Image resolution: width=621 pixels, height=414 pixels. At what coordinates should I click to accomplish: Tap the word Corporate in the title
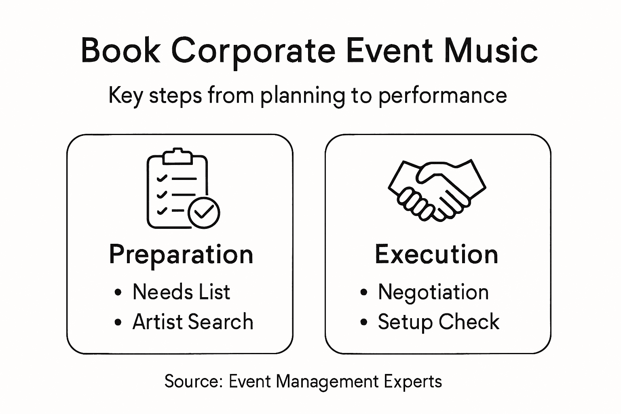[253, 51]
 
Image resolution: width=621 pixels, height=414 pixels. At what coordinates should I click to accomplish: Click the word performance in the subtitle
[442, 96]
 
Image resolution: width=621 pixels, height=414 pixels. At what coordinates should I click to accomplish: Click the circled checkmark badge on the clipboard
[204, 212]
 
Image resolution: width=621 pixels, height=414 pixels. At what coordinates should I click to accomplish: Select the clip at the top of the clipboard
[177, 157]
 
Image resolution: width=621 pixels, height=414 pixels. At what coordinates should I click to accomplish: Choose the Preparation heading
[181, 255]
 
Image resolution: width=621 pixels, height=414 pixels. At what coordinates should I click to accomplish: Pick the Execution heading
[437, 255]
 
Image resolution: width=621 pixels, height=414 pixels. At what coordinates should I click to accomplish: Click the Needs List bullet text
[181, 292]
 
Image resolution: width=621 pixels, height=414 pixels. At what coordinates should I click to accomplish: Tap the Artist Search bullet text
[193, 322]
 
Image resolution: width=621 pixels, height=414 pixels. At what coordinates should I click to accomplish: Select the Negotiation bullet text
[433, 292]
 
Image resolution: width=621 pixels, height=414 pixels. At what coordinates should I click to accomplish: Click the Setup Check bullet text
[439, 322]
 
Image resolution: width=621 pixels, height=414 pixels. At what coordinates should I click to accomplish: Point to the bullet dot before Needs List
[118, 292]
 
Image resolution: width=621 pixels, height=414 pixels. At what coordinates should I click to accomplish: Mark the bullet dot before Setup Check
[364, 322]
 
